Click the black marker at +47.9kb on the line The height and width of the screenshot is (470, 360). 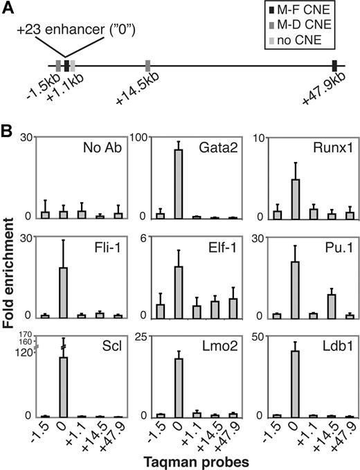click(334, 66)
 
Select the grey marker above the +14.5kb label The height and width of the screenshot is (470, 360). click(148, 66)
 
